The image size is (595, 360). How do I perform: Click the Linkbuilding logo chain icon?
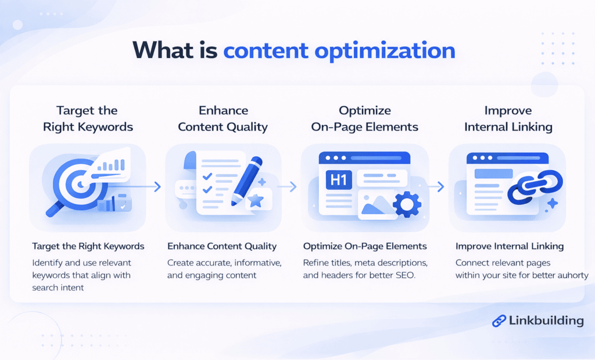coord(499,321)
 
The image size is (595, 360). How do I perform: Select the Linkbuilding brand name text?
coord(546,321)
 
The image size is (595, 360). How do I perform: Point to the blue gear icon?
coord(407,204)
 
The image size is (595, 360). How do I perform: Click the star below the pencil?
coord(255,200)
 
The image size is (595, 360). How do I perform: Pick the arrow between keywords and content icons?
coord(155,186)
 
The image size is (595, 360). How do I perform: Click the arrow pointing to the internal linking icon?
coord(440,186)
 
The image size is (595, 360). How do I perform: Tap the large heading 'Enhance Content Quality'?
coord(223,119)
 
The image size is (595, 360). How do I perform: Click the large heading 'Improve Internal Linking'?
coord(508,119)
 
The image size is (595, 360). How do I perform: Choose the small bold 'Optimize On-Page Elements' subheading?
coord(365,246)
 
